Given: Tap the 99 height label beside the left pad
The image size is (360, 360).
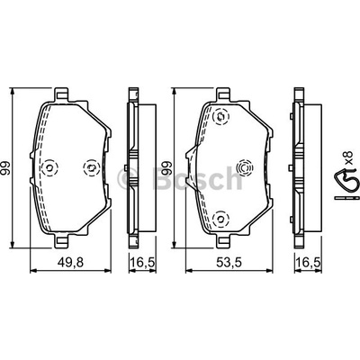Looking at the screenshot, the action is point(5,168).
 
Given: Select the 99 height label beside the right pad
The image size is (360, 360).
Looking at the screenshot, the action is point(166,168).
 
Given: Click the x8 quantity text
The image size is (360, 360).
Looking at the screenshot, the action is point(347,157).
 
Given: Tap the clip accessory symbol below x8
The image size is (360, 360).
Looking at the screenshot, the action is point(346,184).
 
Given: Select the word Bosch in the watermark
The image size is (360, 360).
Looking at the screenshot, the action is point(197,177).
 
